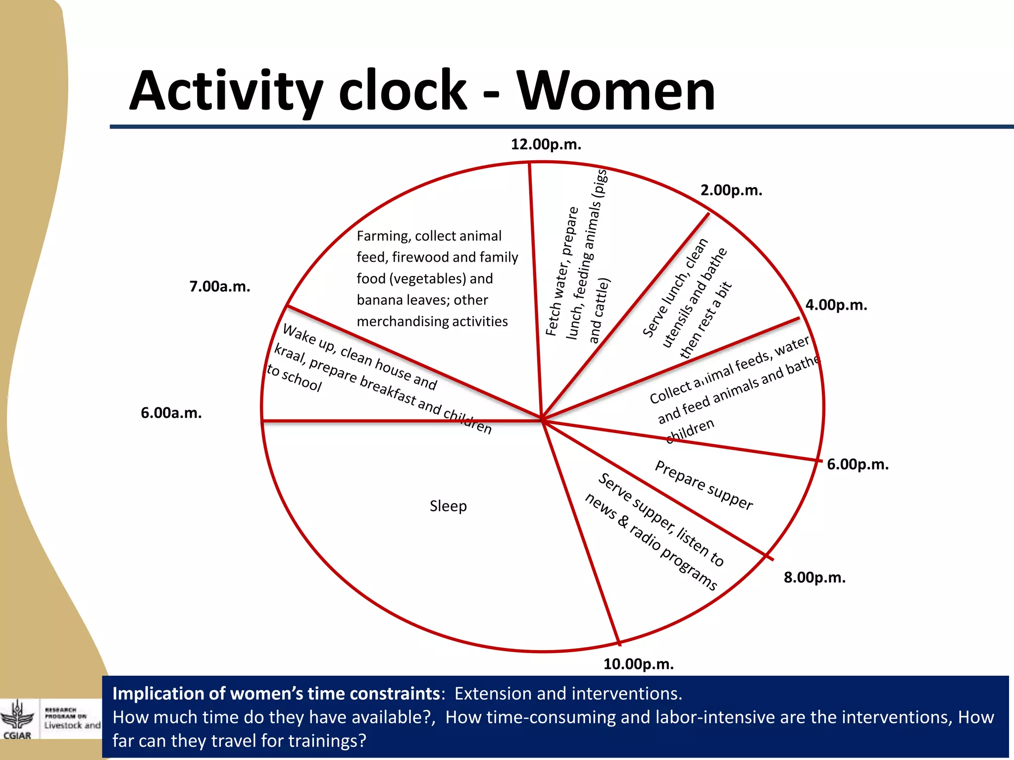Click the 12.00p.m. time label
(546, 144)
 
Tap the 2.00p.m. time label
(731, 190)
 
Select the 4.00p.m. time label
(836, 305)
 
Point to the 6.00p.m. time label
(858, 464)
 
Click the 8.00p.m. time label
(814, 577)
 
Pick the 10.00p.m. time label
(638, 664)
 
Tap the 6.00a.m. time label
(171, 413)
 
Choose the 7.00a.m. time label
(220, 286)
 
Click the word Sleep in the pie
(448, 506)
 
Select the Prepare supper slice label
(704, 485)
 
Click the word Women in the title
(616, 91)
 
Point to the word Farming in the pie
(383, 236)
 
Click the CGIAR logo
(17, 720)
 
